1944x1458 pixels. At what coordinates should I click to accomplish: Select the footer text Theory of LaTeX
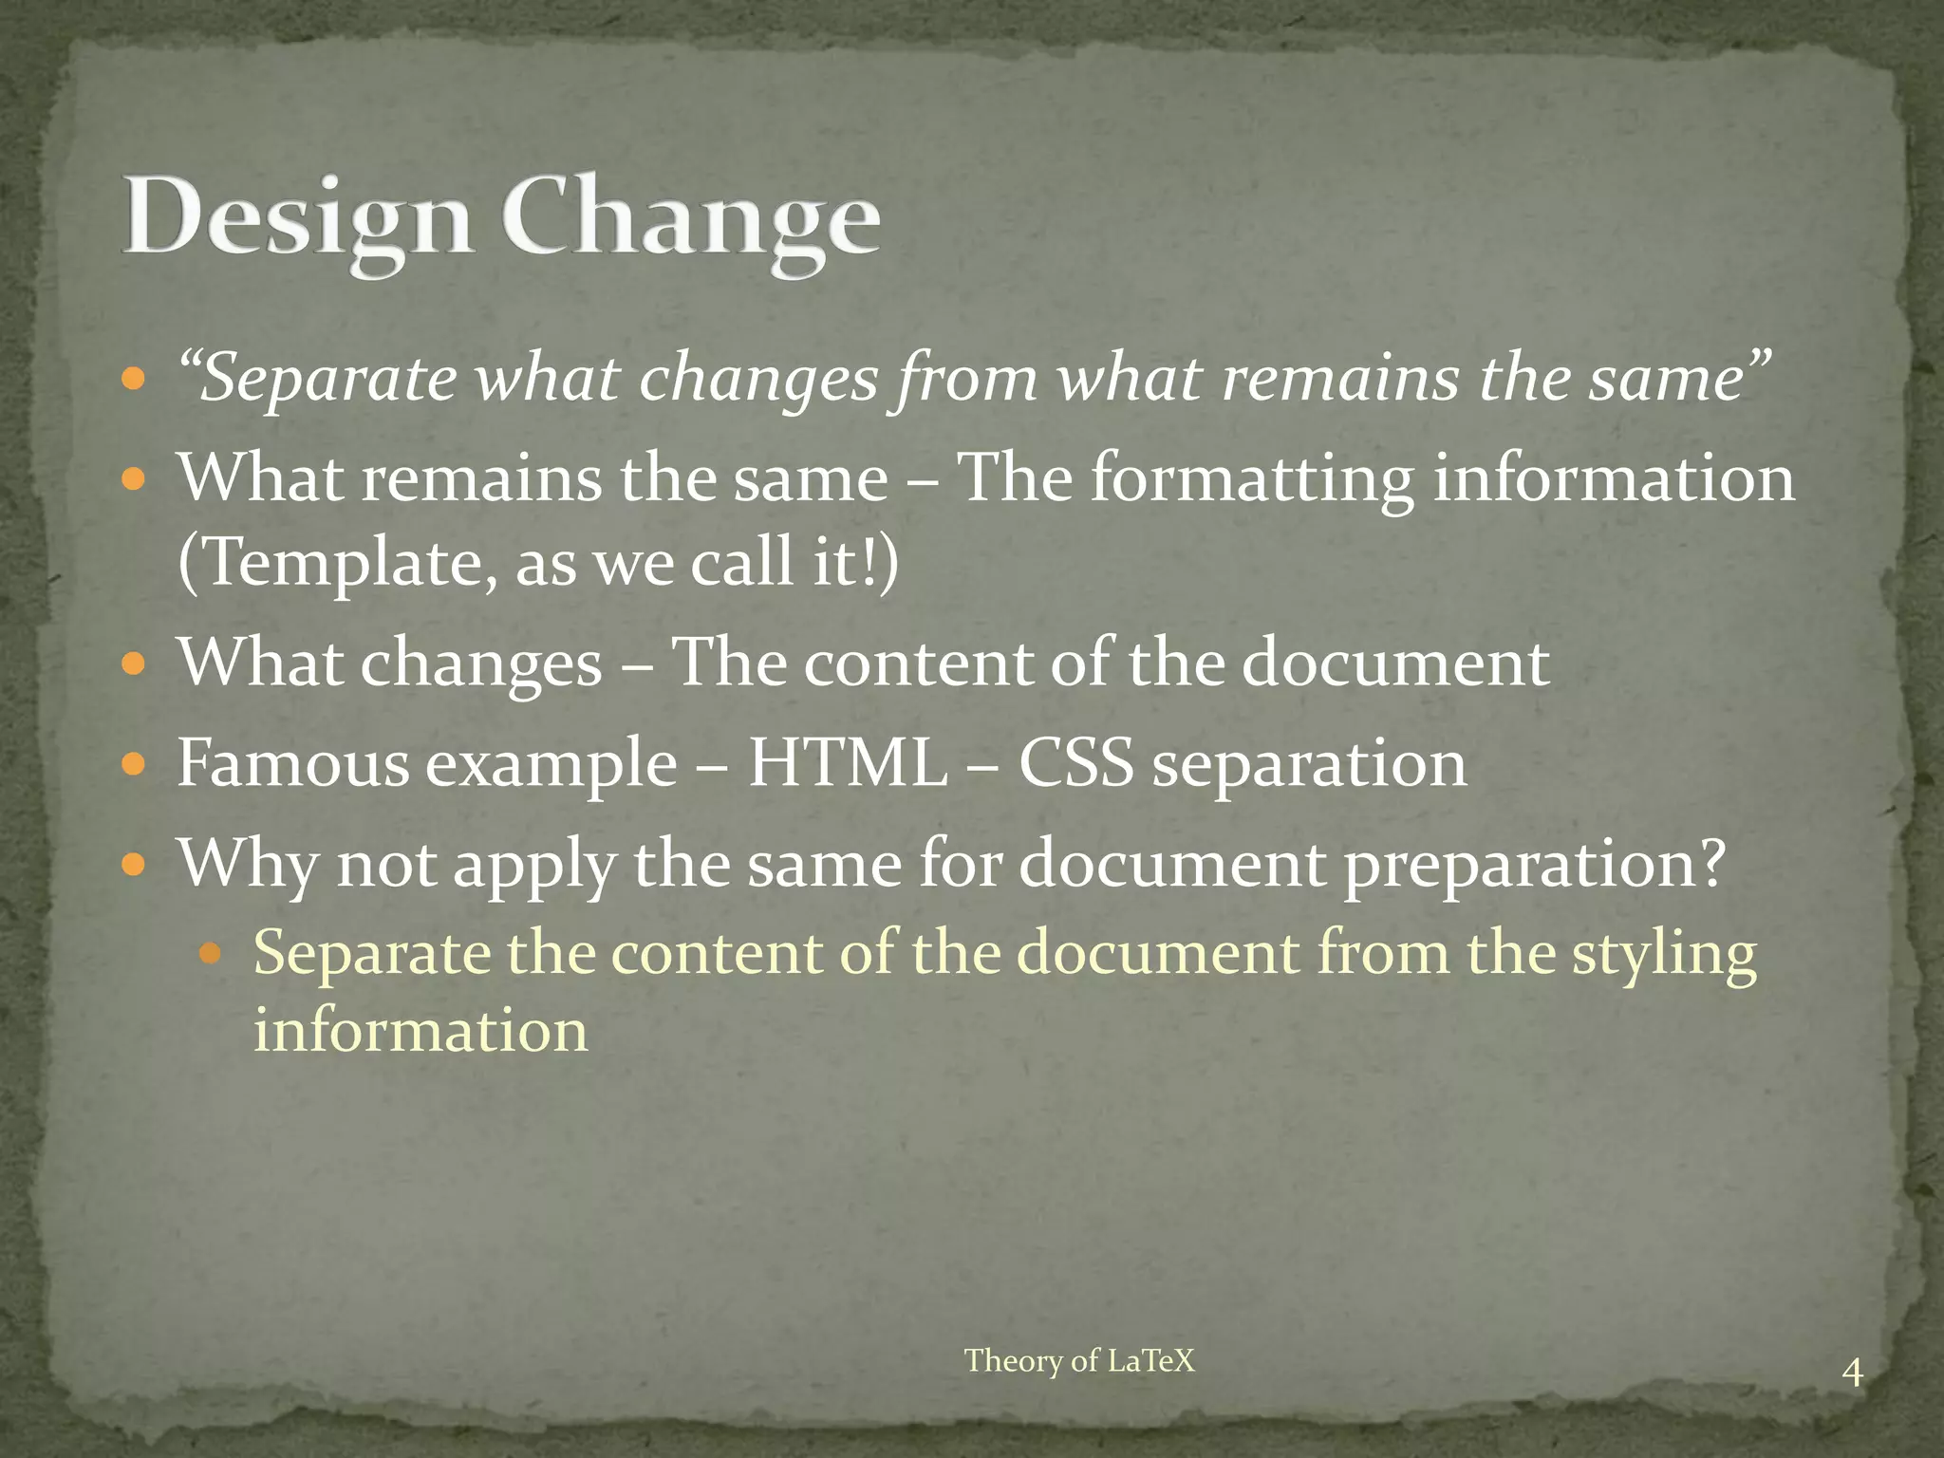(1079, 1360)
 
